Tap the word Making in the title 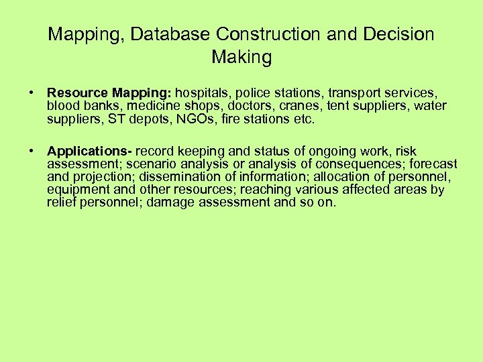pos(241,58)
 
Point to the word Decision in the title pos(398,34)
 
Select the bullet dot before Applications pos(32,152)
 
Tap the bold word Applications pos(89,152)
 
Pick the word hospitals pos(203,93)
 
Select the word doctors pos(246,106)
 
